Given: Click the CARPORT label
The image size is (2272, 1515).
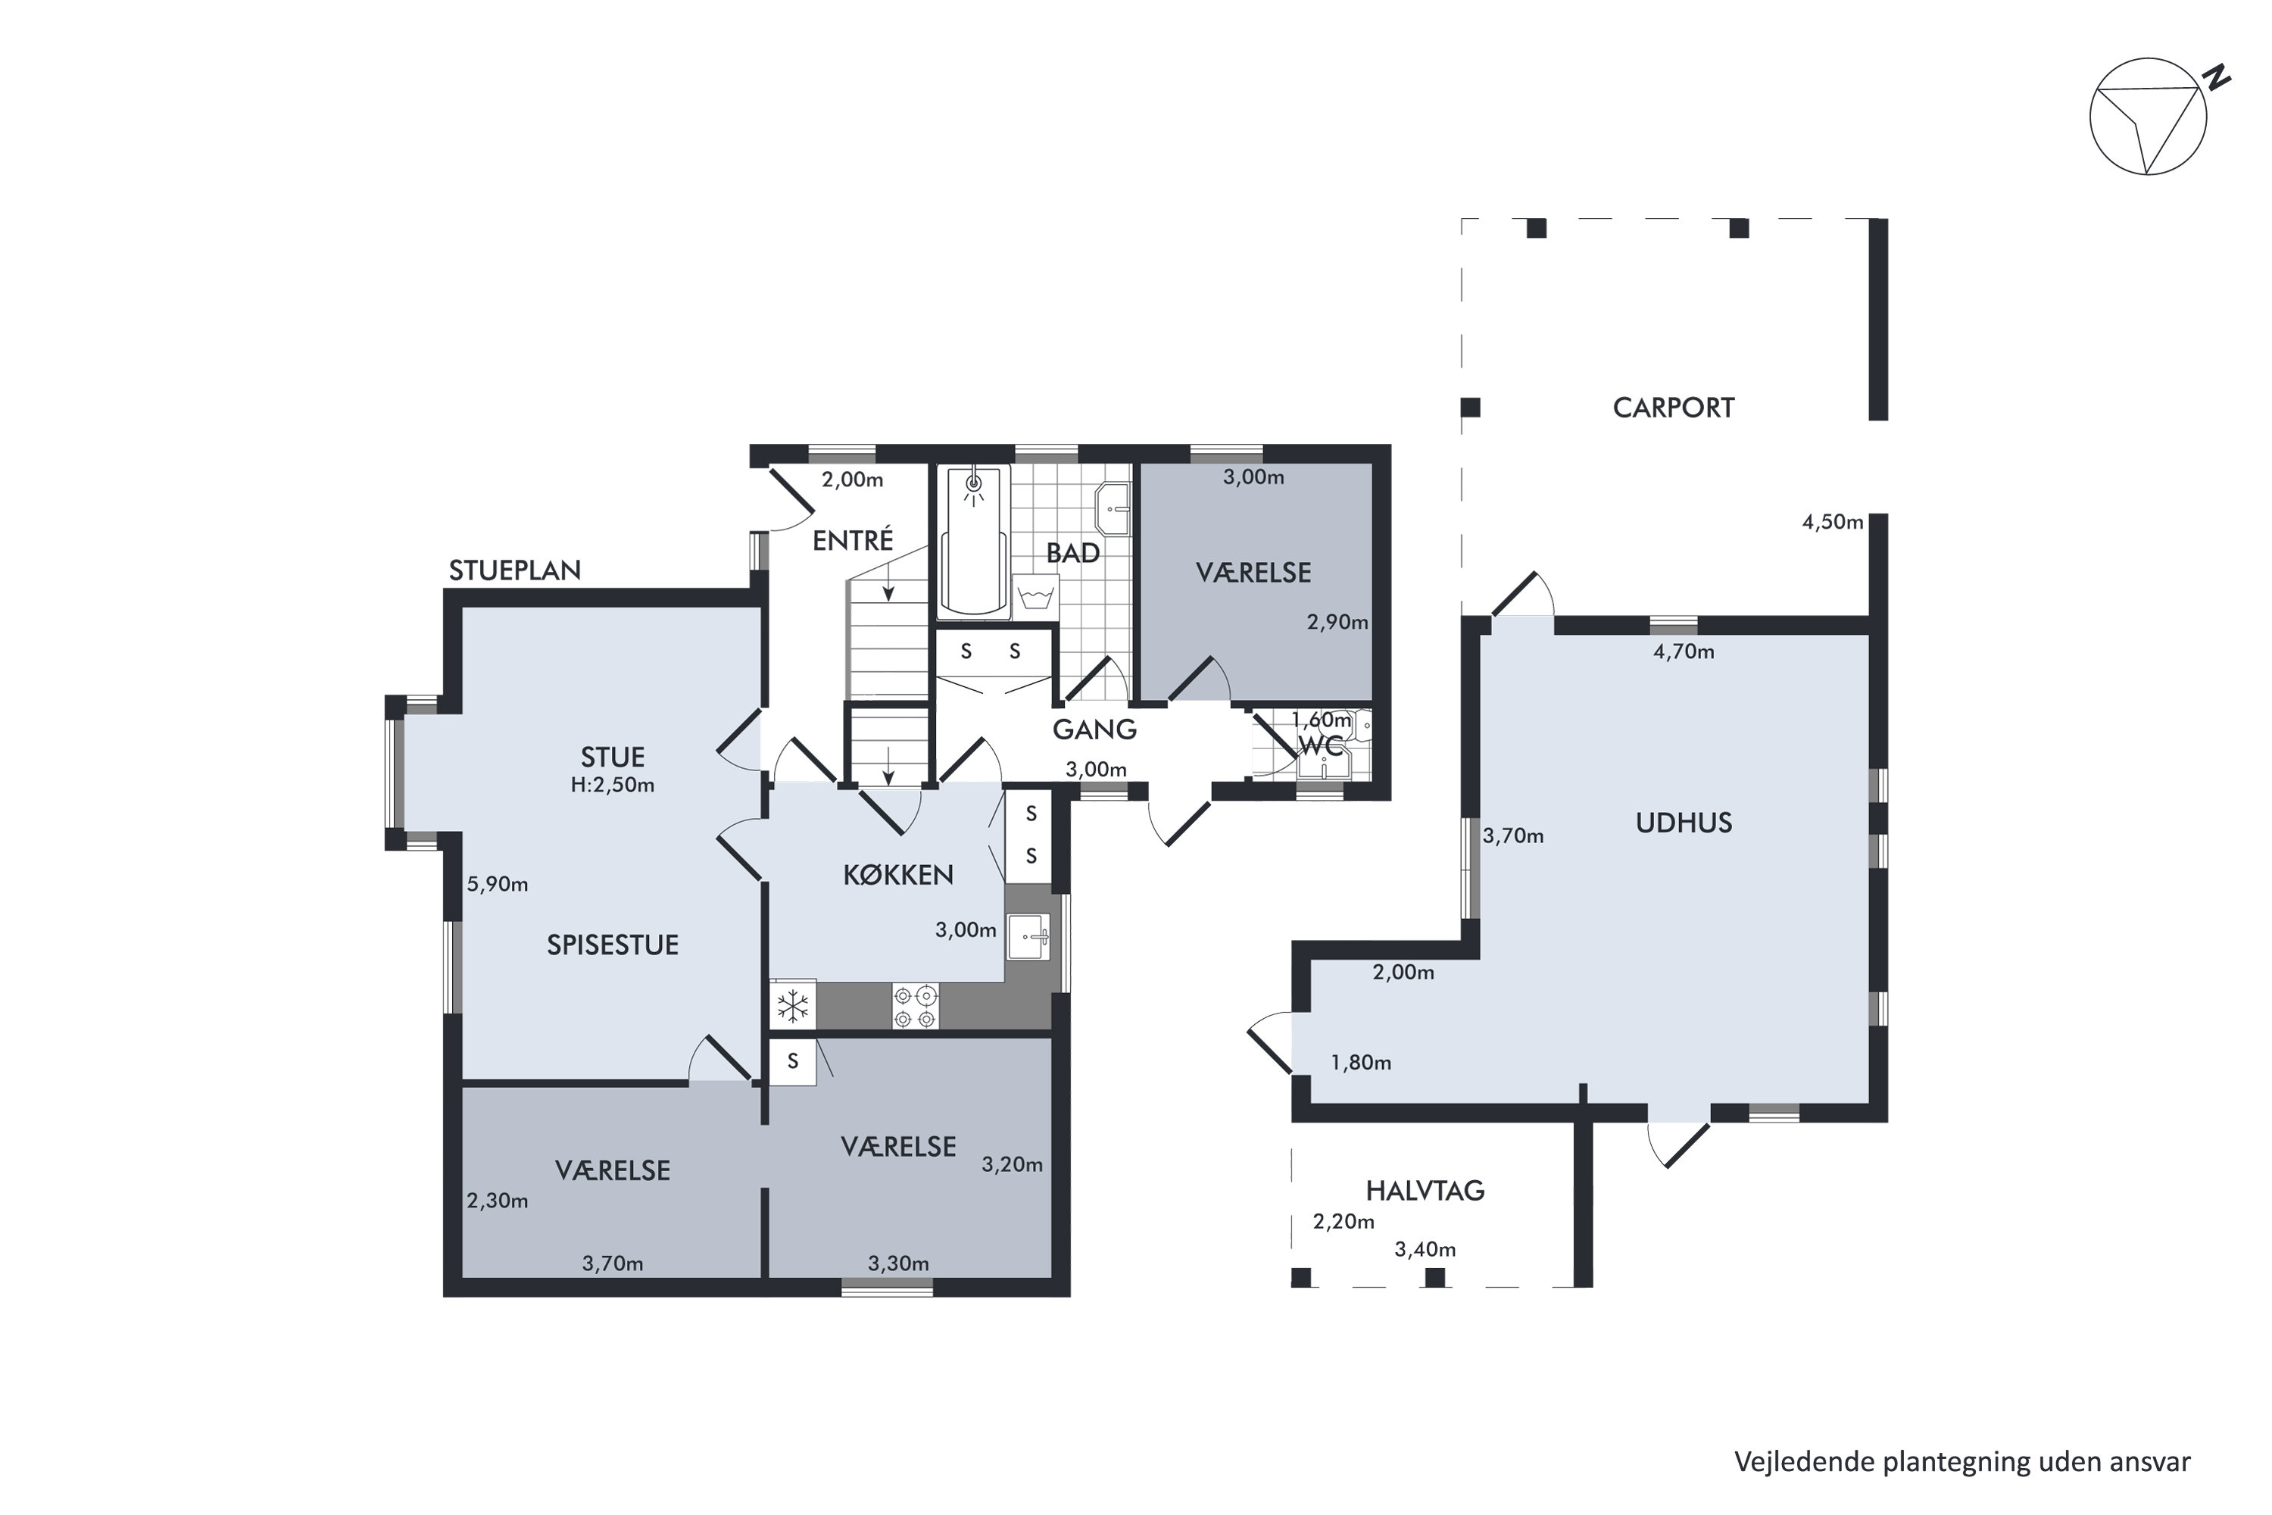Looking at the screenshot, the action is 1673,408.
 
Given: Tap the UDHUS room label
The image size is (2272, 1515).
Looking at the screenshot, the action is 1684,823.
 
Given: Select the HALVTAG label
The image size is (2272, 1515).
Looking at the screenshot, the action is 1425,1190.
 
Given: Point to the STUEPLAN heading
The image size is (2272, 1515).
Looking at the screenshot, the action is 515,571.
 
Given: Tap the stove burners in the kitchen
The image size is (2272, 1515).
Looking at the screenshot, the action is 915,1006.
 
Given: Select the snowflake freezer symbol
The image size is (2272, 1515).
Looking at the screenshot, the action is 793,1006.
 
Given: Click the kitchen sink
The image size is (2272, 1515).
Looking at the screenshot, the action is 1028,936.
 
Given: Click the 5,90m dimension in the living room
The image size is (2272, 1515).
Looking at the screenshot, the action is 498,884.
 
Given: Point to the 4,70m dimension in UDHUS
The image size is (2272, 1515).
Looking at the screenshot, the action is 1684,652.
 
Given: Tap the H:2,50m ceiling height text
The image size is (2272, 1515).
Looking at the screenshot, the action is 613,786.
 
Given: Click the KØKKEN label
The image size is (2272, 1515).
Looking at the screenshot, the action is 898,876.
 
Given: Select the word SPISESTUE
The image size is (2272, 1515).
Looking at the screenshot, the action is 613,945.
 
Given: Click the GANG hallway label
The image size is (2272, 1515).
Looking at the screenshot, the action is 1094,730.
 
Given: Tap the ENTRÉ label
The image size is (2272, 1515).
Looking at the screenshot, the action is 853,540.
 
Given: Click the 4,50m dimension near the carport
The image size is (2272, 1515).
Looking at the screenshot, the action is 1833,523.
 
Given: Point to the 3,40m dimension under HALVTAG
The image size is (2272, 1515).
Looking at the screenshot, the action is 1425,1251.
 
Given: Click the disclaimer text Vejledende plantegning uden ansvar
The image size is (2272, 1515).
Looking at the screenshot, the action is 1962,1462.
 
